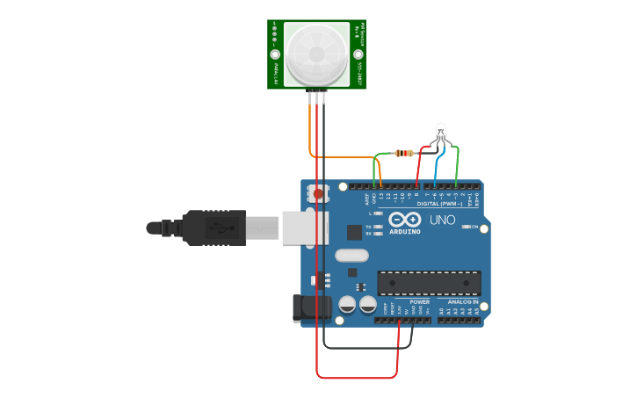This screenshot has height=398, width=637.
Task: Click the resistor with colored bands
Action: click(x=403, y=153)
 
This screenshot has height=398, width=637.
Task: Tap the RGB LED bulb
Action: click(x=441, y=134)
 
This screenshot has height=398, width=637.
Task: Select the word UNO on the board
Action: click(x=442, y=220)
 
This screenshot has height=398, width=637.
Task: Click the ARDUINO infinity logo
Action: click(x=405, y=219)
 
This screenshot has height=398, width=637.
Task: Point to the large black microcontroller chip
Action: click(x=429, y=283)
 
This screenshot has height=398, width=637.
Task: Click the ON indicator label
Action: click(x=474, y=227)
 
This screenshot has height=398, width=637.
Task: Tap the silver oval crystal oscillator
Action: click(x=351, y=256)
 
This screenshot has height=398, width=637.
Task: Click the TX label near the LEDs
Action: click(x=369, y=227)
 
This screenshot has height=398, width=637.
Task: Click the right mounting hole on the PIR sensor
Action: click(x=358, y=54)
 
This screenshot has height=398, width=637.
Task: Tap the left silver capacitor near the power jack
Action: click(x=347, y=305)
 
